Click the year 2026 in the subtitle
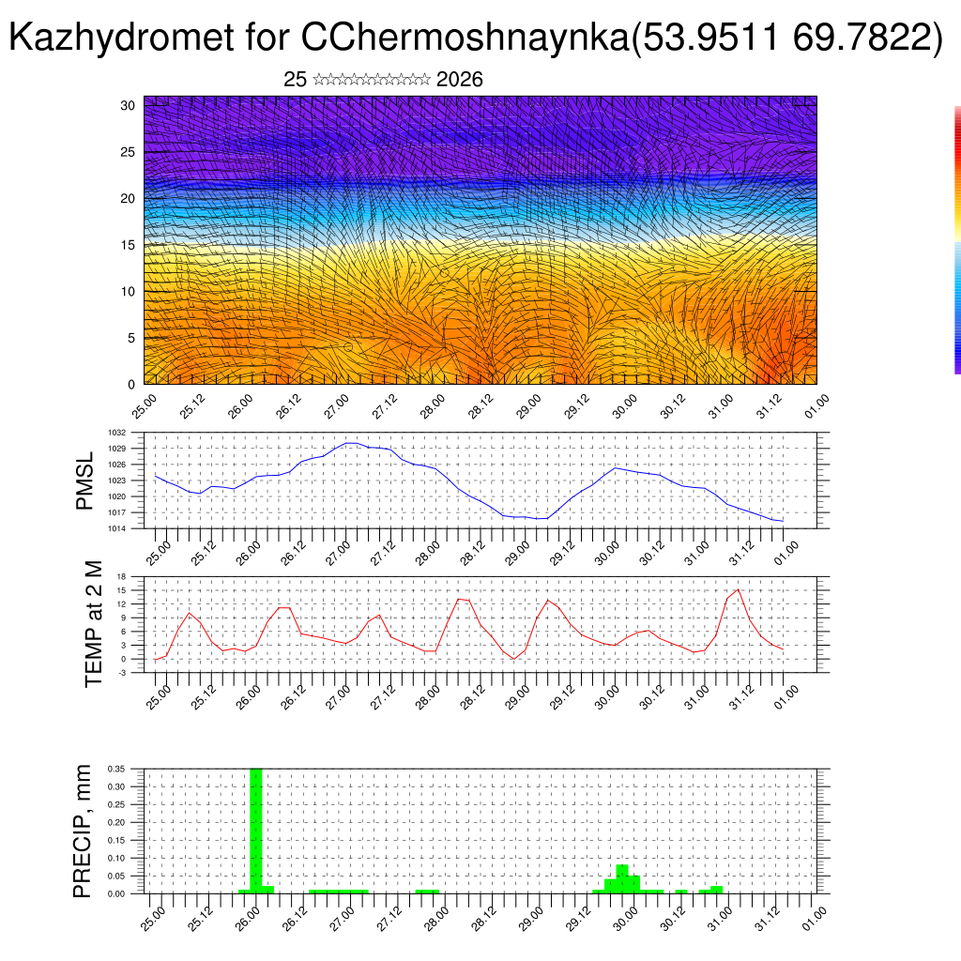(x=460, y=80)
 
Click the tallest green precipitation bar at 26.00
(x=255, y=831)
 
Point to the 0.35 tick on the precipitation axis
(x=116, y=769)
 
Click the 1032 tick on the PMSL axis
(x=116, y=434)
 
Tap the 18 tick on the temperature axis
(x=121, y=576)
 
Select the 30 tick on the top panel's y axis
(x=128, y=105)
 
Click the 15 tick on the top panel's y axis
(x=128, y=245)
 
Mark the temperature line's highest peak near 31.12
(x=739, y=589)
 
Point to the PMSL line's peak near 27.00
(x=349, y=443)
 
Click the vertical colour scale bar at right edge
(x=957, y=239)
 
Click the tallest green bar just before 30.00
(x=622, y=878)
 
